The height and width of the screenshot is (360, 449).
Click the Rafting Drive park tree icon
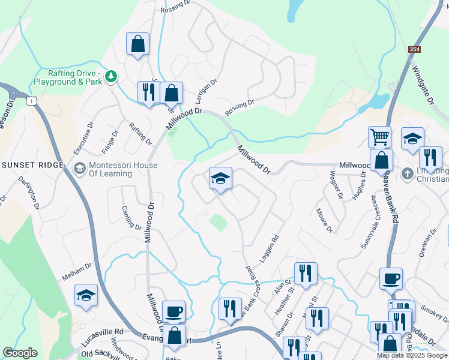tap(110, 76)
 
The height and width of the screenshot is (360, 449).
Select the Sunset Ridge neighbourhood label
tap(32, 165)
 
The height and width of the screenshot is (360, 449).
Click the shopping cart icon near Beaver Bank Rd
tap(379, 137)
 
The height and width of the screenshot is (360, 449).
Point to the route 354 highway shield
tap(414, 50)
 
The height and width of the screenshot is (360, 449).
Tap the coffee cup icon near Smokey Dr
tap(391, 278)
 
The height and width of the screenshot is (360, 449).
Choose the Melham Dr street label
tap(77, 272)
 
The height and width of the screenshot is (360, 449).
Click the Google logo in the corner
tap(20, 353)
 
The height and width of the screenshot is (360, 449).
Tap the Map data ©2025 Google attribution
tap(411, 355)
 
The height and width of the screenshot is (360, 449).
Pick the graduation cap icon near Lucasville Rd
tap(86, 295)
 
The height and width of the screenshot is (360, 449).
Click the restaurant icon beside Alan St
tap(306, 273)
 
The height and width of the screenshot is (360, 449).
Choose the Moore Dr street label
tap(325, 220)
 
